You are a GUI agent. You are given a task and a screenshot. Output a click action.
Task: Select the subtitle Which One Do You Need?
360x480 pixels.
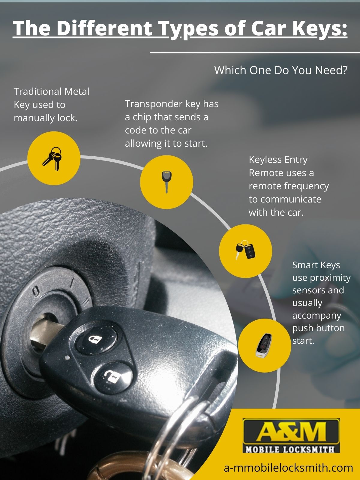coord(280,70)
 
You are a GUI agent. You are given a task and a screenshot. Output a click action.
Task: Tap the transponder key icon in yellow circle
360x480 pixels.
coord(166,181)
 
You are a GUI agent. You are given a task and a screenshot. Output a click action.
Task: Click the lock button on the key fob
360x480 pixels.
coord(94,339)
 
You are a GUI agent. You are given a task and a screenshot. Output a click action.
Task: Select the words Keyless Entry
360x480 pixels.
coord(278,160)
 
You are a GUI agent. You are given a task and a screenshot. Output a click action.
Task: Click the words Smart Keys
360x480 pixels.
coord(316,265)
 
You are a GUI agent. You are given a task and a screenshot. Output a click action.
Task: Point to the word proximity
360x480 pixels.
coord(330,278)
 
